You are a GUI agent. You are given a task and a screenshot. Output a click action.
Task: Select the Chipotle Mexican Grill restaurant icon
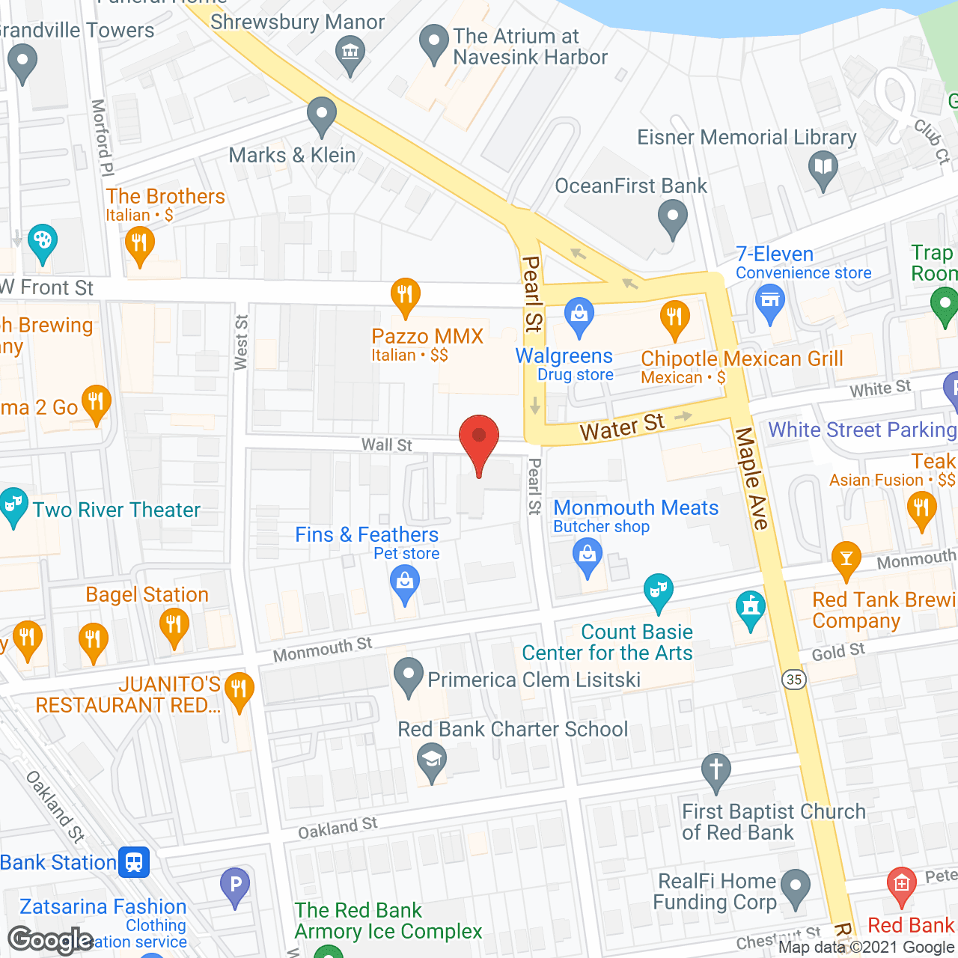pos(675,317)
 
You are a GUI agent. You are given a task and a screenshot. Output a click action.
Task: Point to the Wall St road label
pos(386,445)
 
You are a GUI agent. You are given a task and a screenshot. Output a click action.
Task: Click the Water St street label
pos(622,427)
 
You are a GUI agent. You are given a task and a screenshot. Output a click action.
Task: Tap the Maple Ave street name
pos(751,478)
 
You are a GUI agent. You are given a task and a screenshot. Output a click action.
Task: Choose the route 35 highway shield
pos(794,679)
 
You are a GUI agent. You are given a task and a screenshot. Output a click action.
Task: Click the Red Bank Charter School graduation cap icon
pos(432,760)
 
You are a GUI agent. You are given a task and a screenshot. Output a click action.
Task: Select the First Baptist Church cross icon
pos(716,769)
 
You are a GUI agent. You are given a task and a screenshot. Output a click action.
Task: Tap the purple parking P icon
pos(235,885)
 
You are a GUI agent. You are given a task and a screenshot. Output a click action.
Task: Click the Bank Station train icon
pos(134,862)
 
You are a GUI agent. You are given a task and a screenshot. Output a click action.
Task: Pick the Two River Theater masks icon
pos(13,504)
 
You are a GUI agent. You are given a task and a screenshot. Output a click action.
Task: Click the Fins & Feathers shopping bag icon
pos(405,582)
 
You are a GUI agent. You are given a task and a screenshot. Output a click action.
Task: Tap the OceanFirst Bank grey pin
pos(672,219)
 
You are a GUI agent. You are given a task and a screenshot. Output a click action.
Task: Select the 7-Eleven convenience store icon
pos(769,302)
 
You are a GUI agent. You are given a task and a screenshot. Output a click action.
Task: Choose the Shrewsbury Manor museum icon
pos(350,53)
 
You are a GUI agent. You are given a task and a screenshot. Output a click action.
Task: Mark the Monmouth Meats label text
pos(635,507)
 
